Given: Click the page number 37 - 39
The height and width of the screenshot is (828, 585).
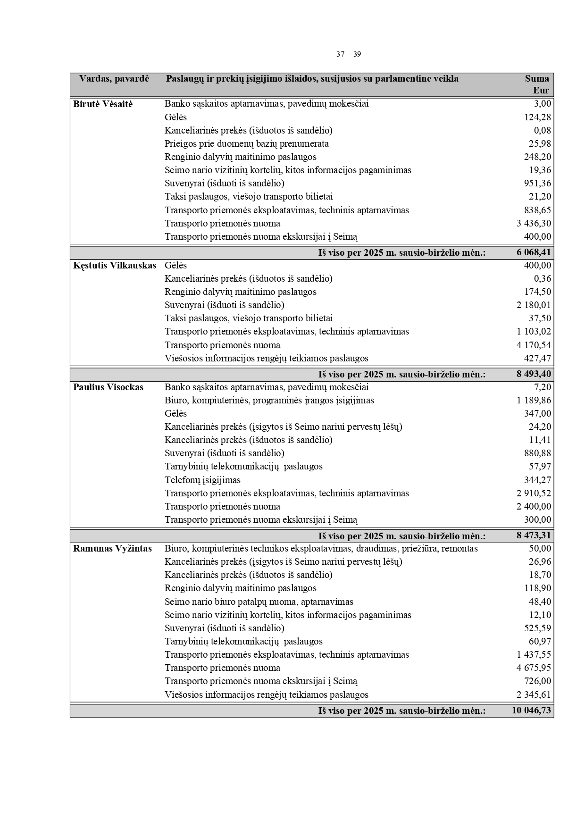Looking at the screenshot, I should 349,54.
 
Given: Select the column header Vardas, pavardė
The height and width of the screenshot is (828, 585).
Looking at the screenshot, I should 114,79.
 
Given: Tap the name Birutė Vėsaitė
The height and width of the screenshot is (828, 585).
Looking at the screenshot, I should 103,104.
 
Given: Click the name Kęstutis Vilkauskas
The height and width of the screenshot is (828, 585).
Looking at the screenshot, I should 114,266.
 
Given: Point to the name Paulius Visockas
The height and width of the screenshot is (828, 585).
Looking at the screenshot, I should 108,387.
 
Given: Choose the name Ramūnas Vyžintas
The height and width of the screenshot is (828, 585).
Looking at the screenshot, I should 112,549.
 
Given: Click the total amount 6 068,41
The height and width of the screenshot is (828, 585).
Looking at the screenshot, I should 534,252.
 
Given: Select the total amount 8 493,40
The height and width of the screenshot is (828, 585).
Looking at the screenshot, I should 534,375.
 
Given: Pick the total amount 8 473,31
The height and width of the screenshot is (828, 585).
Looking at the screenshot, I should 534,536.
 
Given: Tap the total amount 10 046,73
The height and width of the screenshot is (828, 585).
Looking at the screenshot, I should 531,711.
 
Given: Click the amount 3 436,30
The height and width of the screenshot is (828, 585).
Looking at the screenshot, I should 534,224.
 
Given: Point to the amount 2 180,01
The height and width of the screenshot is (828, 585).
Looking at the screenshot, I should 534,305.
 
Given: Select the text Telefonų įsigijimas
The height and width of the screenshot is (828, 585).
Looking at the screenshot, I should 202,480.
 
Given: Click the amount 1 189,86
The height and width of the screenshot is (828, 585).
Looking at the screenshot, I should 534,401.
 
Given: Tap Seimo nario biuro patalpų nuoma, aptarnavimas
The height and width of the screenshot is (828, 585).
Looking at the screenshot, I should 259,602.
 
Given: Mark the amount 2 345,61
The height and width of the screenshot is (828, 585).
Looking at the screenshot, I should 534,695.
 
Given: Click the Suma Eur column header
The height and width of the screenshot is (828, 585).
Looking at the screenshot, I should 537,84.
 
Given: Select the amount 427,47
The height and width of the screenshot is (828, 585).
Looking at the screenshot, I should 537,359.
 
